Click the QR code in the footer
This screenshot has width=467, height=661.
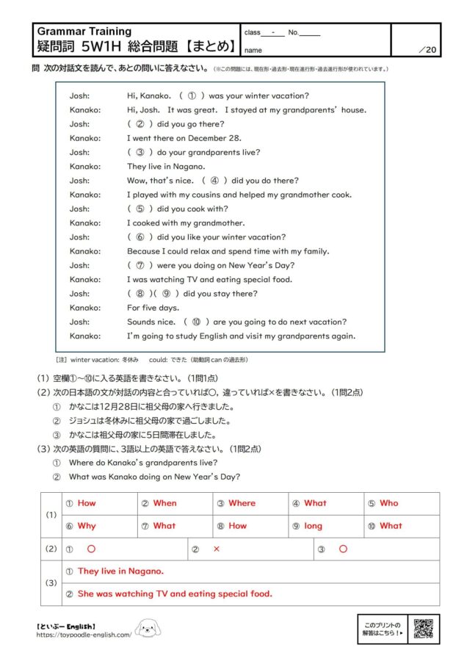[423, 629]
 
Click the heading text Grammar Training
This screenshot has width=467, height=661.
[84, 32]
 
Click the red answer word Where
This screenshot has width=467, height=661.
[242, 503]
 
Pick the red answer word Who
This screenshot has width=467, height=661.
[389, 503]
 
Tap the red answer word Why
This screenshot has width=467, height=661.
[87, 526]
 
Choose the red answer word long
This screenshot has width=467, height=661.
[314, 526]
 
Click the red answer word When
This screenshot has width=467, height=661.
[164, 503]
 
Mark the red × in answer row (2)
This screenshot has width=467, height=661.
[217, 549]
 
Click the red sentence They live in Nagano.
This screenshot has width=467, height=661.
[120, 571]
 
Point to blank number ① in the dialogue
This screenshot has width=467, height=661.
[190, 95]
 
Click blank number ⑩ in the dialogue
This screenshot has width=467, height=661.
[196, 322]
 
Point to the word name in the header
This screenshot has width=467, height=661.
[253, 50]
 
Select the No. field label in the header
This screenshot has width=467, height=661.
[293, 33]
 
